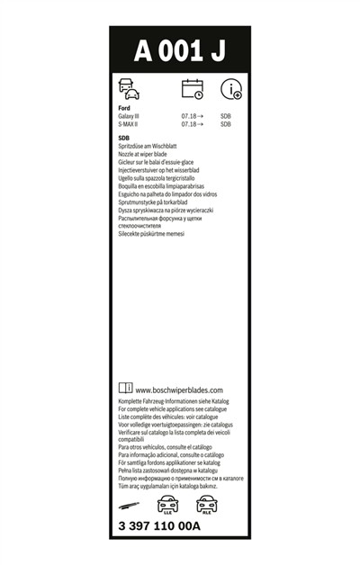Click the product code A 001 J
coord(180,52)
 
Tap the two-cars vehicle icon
coord(130,88)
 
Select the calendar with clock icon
coord(193,88)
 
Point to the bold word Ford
coord(125,108)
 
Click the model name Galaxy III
coord(130,116)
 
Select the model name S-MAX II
coord(130,124)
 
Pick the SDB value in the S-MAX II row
coord(226,124)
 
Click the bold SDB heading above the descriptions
coord(124,137)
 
